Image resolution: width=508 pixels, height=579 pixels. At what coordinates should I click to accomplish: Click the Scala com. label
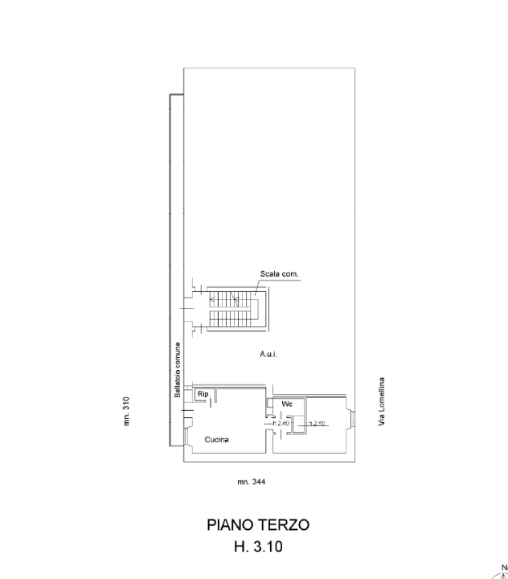pyautogui.click(x=279, y=274)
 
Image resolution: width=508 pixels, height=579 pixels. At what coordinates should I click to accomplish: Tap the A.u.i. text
pyautogui.click(x=268, y=354)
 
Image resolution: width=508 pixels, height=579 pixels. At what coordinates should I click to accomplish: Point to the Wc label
pyautogui.click(x=287, y=404)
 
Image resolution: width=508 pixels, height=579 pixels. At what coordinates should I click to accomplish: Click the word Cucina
pyautogui.click(x=216, y=440)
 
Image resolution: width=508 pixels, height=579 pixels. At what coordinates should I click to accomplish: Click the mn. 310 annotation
pyautogui.click(x=128, y=411)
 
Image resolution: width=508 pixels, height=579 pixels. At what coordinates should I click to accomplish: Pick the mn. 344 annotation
pyautogui.click(x=251, y=481)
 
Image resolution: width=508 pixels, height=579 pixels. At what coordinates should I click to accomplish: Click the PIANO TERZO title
pyautogui.click(x=257, y=525)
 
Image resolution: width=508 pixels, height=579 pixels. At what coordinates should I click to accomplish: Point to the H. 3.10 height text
pyautogui.click(x=257, y=547)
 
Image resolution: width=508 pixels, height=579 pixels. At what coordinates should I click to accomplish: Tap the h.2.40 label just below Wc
pyautogui.click(x=281, y=423)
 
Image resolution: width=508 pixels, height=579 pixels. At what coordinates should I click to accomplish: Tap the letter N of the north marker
pyautogui.click(x=503, y=565)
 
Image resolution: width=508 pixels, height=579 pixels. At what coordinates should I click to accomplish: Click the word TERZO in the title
pyautogui.click(x=282, y=525)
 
